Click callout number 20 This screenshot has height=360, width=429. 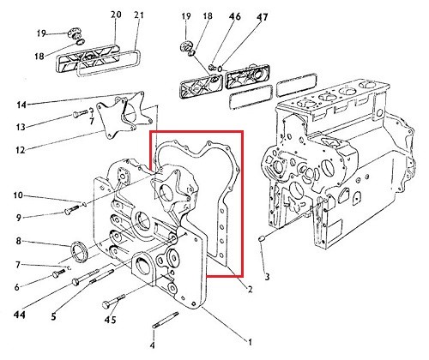click(x=116, y=15)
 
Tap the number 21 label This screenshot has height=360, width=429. click(x=138, y=15)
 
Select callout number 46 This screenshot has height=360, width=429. click(x=235, y=16)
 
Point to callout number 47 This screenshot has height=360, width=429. click(x=262, y=17)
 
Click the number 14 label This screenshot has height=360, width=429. click(x=21, y=105)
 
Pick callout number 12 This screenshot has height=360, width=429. click(x=21, y=149)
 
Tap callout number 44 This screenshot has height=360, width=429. click(x=20, y=315)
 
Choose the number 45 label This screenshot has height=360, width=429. click(x=110, y=320)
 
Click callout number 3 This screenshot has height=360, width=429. click(x=267, y=277)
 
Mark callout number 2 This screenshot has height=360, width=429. click(x=250, y=290)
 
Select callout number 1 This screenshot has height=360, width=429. click(x=250, y=342)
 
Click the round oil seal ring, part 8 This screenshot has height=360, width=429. click(x=78, y=251)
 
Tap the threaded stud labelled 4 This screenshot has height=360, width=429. click(x=166, y=320)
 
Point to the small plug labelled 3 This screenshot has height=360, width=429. click(x=262, y=238)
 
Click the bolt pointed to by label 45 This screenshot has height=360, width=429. click(x=113, y=301)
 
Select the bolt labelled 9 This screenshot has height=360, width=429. click(x=73, y=209)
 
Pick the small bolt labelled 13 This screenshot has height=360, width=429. click(x=80, y=113)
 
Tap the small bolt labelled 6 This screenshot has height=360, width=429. click(x=58, y=273)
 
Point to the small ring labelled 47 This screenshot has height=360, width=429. click(x=220, y=69)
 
